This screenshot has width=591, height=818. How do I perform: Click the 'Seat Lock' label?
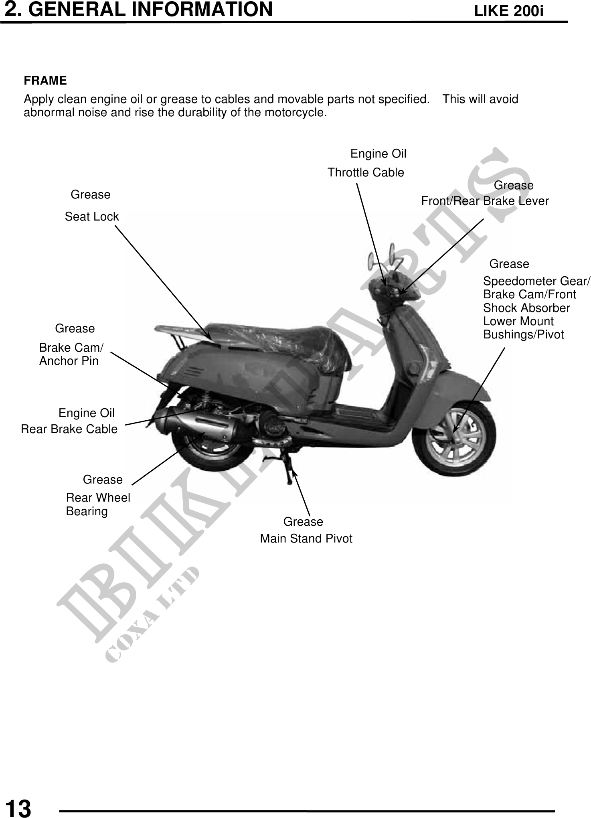(92, 217)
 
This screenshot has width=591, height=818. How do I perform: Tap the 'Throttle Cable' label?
(366, 173)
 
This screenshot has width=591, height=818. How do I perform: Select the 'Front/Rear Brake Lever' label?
(485, 201)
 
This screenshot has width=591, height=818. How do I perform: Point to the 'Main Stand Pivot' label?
(306, 539)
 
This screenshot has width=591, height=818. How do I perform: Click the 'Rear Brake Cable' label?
(69, 429)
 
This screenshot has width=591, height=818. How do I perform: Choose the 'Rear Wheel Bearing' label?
(98, 504)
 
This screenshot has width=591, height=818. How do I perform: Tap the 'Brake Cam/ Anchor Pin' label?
(71, 354)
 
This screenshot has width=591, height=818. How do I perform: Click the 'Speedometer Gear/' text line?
(536, 281)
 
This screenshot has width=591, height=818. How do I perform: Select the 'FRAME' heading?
(45, 81)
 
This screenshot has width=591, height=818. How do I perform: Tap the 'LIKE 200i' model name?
(509, 12)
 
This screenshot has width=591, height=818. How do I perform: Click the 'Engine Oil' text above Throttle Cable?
(378, 154)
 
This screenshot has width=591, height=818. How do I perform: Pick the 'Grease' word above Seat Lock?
(91, 195)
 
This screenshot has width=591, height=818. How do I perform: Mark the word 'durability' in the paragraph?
(200, 113)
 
